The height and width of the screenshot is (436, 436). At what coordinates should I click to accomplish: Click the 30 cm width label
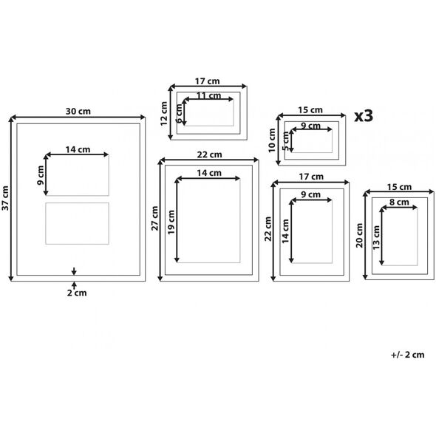coord(78,112)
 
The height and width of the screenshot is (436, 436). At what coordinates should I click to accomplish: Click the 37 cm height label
coord(5,198)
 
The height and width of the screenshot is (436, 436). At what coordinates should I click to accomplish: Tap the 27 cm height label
coord(154,218)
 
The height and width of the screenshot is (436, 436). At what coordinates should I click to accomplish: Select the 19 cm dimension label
coord(171,222)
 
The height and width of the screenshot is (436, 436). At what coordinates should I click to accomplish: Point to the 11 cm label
coord(209,95)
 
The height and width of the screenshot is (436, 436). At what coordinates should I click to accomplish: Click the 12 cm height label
coord(164,114)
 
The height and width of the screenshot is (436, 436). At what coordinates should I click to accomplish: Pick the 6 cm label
coord(180,114)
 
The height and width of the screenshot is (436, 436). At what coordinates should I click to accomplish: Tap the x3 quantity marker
coord(364,116)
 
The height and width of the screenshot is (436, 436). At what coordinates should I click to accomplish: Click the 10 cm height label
coord(272,140)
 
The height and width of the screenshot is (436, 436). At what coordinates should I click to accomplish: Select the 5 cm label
coord(286,141)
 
